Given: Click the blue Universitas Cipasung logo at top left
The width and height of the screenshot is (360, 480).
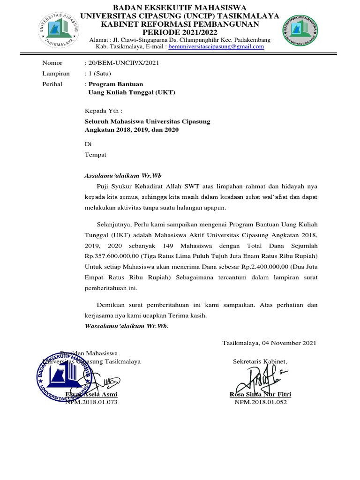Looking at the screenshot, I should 59,30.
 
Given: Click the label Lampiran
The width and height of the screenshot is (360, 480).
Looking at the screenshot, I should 56,74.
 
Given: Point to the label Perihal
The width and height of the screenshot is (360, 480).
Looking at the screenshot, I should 52,84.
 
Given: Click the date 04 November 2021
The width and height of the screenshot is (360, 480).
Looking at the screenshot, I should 289,343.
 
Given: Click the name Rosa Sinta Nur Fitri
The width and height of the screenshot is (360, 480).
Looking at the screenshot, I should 260,395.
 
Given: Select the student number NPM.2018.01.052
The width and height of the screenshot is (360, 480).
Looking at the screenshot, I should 260,402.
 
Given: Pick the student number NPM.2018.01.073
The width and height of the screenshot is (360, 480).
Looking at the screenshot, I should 91,402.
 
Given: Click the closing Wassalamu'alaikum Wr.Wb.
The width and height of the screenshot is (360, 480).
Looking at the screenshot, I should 126,326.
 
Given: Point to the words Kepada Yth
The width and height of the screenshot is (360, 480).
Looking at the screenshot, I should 103,111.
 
